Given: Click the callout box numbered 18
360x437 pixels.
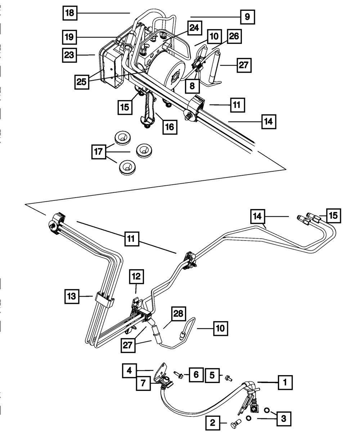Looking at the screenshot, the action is tap(70, 13).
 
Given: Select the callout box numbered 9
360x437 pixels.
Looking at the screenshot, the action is tap(247, 17).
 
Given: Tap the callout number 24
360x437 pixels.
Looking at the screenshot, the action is tap(194, 28).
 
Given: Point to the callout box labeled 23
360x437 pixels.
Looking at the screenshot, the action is tap(69, 55).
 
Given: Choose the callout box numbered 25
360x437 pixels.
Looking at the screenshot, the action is tap(82, 82).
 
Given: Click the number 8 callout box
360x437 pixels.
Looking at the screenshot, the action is tap(192, 86).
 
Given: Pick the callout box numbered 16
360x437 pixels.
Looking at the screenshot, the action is tap(170, 127).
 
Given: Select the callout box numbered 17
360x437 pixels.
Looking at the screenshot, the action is tap(99, 152).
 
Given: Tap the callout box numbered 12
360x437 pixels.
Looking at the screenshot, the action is tap(136, 276).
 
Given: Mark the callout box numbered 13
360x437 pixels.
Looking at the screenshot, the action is tap(72, 296).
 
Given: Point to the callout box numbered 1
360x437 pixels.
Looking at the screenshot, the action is tap(285, 383).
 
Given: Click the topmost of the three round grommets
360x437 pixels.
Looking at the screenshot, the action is tap(122, 138).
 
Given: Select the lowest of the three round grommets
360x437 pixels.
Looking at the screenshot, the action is tap(127, 167).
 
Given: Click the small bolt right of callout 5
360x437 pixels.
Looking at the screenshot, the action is tap(229, 378).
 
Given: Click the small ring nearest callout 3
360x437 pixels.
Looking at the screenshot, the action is tap(267, 410).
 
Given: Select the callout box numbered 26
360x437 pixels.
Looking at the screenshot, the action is tap(234, 36).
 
